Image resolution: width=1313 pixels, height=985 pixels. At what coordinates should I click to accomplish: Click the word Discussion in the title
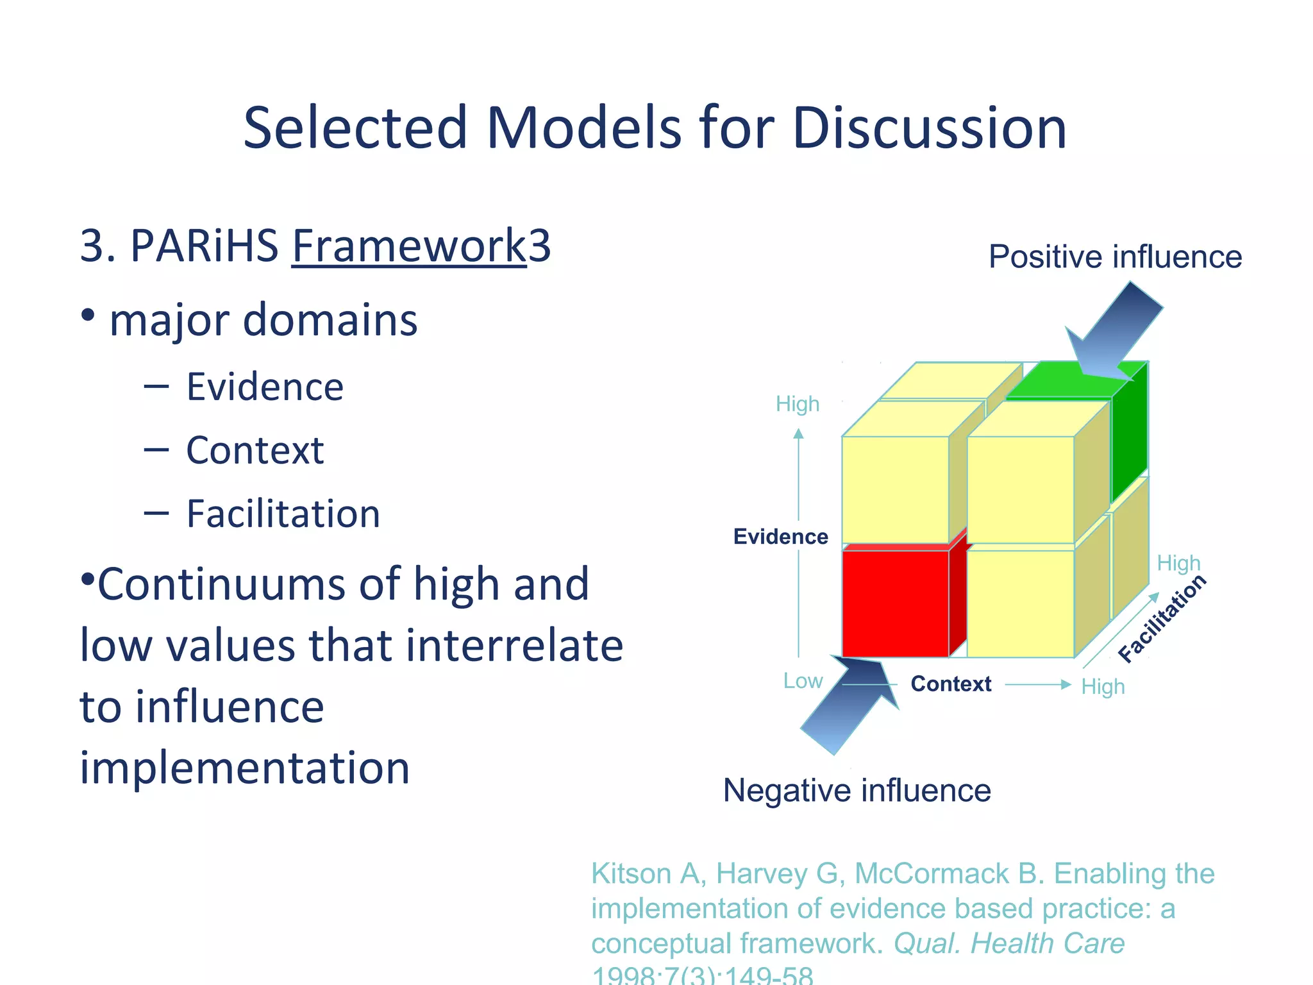(x=929, y=128)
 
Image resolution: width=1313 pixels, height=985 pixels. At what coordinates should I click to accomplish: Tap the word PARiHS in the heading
(x=204, y=246)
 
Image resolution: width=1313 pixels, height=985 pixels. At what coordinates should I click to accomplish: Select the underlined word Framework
(x=408, y=246)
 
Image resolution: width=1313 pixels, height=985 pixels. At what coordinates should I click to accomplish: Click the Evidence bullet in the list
(x=264, y=387)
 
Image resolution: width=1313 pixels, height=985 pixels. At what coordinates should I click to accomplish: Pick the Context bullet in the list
(x=255, y=450)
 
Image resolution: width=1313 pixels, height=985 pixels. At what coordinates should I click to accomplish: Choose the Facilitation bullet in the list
(x=283, y=514)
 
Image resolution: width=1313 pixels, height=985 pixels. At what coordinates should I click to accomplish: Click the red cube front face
(x=895, y=603)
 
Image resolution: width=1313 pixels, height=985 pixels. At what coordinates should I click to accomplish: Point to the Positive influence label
(x=1115, y=257)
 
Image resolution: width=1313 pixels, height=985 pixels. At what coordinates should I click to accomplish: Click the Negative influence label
(x=857, y=790)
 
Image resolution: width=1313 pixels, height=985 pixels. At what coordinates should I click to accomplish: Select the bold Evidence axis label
(x=780, y=537)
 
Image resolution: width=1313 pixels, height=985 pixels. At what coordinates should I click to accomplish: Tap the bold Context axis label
(x=951, y=684)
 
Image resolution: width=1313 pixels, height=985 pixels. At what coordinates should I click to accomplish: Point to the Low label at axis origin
(x=803, y=681)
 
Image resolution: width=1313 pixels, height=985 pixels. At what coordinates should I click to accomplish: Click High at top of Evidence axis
(x=798, y=404)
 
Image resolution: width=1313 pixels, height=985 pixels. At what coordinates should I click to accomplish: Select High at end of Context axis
(x=1103, y=687)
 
